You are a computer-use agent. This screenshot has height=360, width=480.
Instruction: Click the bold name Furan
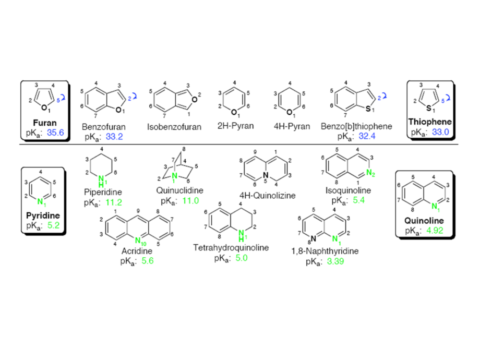[x=45, y=123]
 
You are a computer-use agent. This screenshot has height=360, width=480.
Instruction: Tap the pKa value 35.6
[x=55, y=133]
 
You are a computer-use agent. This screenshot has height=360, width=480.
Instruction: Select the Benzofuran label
[x=104, y=127]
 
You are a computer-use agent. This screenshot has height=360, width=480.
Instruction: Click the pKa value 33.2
[x=114, y=137]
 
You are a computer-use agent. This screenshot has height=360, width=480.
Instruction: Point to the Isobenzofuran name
[x=174, y=127]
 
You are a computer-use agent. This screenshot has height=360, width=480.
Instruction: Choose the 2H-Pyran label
[x=235, y=126]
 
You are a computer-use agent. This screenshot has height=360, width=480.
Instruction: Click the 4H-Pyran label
[x=292, y=126]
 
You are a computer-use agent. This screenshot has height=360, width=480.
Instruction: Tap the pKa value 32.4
[x=367, y=136]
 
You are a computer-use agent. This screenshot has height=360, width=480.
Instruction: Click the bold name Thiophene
[x=430, y=122]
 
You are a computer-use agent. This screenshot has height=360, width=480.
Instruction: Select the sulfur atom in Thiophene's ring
[x=429, y=108]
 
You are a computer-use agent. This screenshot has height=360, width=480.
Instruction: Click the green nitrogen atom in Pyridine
[x=40, y=202]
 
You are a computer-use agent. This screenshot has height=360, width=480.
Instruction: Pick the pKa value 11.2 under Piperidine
[x=114, y=202]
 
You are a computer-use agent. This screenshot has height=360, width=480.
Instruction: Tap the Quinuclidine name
[x=179, y=190]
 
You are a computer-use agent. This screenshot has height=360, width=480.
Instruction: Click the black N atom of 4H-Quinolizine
[x=266, y=175]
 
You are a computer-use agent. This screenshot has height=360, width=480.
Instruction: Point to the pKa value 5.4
[x=359, y=200]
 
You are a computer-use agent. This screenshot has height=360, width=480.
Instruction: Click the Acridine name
[x=137, y=251]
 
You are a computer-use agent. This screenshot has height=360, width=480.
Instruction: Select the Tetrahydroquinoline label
[x=231, y=247]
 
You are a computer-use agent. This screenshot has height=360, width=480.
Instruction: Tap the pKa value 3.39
[x=335, y=261]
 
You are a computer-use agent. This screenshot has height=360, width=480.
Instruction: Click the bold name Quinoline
[x=424, y=220]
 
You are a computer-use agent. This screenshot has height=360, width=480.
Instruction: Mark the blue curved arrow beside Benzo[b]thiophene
[x=384, y=96]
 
